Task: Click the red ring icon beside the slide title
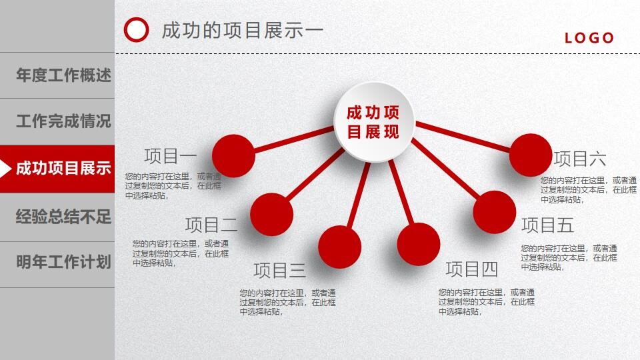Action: pos(137,30)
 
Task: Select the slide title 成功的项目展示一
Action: pos(243,31)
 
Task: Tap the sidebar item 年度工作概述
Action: pos(63,75)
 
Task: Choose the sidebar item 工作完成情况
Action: pos(63,122)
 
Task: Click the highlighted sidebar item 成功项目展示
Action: pos(63,169)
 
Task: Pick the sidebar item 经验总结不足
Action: pos(63,217)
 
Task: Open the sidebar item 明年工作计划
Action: pos(63,262)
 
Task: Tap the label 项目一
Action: pos(171,156)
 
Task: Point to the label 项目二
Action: pos(211,225)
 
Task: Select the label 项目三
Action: pos(279,271)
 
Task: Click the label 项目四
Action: pos(472,269)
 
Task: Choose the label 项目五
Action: pos(547,225)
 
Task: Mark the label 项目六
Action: pos(580,159)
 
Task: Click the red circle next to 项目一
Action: pos(233,155)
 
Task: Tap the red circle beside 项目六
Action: pos(531,155)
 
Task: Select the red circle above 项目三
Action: pos(339,247)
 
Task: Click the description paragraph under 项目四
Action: pos(487,302)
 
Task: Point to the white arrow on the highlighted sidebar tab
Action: pos(5,169)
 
